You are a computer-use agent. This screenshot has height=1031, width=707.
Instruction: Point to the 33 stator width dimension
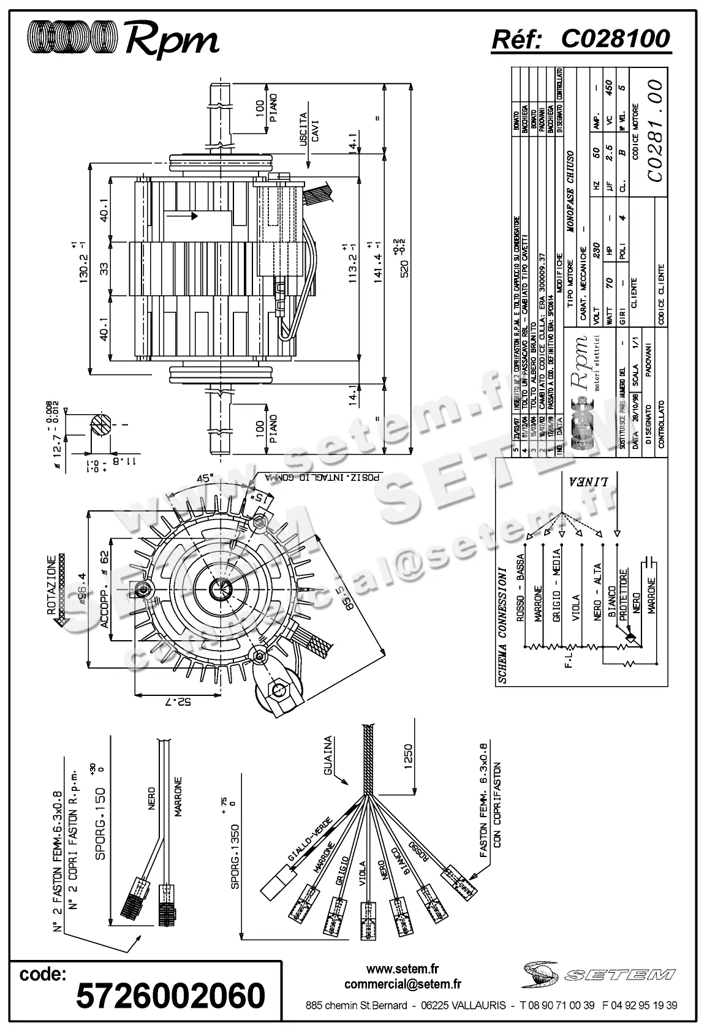tap(104, 270)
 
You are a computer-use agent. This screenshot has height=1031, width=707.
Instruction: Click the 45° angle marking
tap(204, 478)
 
